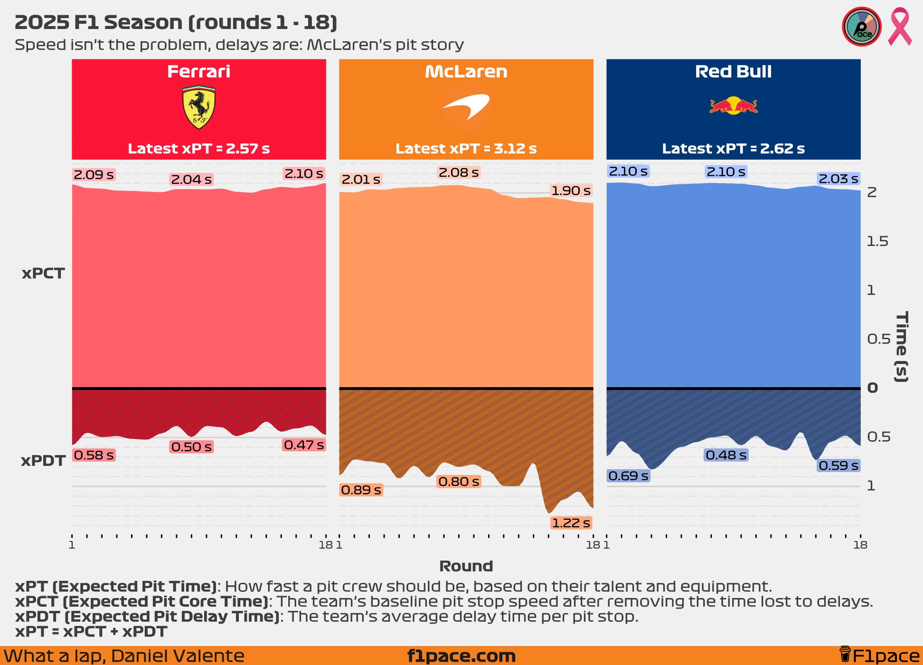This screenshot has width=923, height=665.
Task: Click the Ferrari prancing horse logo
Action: coord(199,107)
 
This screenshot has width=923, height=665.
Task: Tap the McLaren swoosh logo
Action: coord(466,107)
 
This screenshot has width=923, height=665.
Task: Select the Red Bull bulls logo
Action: coord(734,105)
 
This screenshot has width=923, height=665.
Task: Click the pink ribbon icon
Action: coord(900,27)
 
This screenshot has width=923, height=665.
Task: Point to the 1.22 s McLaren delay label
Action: coord(571,523)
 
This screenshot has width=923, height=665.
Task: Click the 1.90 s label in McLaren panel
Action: coord(571,190)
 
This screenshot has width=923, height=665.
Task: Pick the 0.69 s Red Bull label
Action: coord(628,475)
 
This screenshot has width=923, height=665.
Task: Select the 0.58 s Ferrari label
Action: coord(94,455)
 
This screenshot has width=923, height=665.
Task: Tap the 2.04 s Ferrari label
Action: coord(191,180)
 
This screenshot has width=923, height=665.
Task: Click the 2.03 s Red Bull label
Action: coord(838,179)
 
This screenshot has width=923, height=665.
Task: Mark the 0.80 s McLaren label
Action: coord(459,482)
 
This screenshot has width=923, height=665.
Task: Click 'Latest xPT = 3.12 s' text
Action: coord(466,149)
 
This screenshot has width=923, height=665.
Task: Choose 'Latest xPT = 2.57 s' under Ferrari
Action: coord(199,149)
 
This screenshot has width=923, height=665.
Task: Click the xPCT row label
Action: coord(43,274)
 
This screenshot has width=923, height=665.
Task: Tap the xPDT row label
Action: coord(43,461)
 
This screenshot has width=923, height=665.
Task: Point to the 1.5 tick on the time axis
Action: coord(877,241)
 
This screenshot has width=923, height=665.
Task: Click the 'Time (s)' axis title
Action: coord(902,347)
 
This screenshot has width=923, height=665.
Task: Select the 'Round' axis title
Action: coord(466,566)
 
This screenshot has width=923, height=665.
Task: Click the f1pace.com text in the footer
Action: coord(461,656)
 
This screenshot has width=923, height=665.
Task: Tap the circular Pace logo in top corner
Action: coord(862,27)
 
